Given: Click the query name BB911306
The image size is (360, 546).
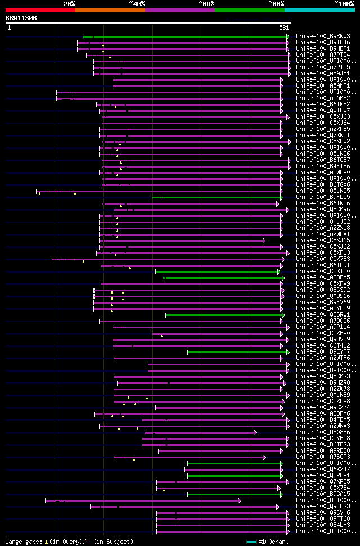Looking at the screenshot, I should point(21,18).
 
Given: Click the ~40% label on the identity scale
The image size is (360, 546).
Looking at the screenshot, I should point(137,3).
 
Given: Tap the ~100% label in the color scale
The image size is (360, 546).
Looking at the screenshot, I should point(344,3).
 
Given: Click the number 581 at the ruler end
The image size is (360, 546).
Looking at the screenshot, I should point(284,28).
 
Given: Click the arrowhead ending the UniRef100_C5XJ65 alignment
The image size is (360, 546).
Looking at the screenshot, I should point(264,241).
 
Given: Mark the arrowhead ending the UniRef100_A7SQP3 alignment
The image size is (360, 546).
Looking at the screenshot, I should point(264,457).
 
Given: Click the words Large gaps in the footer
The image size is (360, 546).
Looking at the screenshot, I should point(22,542).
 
